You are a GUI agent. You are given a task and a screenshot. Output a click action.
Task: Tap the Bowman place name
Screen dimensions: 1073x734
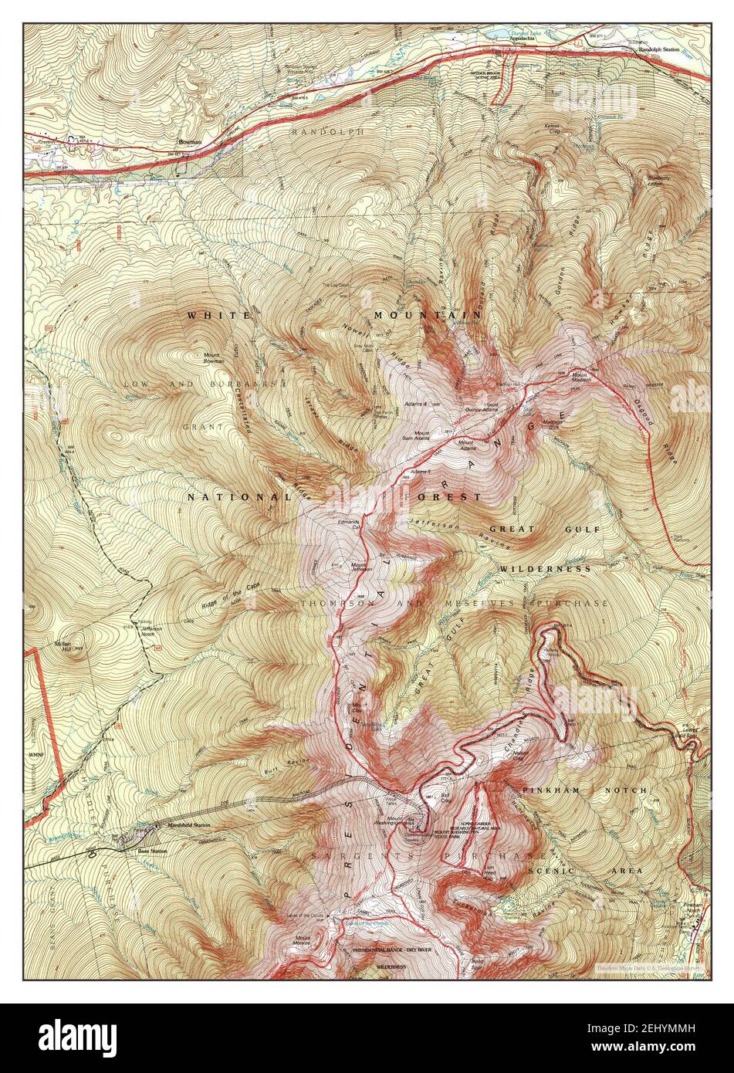click(189, 142)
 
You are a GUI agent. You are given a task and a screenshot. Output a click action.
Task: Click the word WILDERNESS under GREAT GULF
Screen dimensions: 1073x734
click(545, 569)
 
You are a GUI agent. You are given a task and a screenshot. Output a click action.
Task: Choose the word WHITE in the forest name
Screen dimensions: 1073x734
click(218, 316)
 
